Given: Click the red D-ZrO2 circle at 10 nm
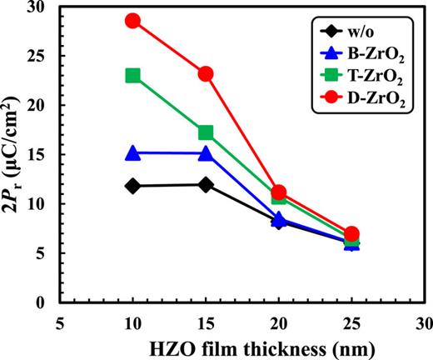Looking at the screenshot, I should pyautogui.click(x=132, y=21).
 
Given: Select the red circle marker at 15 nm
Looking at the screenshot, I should pyautogui.click(x=206, y=73).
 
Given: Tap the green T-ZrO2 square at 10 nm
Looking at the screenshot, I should pyautogui.click(x=132, y=76).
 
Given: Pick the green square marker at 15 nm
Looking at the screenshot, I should pyautogui.click(x=206, y=132).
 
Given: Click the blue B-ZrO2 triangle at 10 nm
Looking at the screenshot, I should pyautogui.click(x=132, y=153).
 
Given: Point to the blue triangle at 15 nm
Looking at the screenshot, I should pyautogui.click(x=206, y=154).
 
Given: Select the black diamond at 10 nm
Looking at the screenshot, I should pyautogui.click(x=132, y=186).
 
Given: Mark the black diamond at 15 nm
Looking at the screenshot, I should pyautogui.click(x=206, y=184).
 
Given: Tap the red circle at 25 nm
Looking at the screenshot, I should pyautogui.click(x=351, y=234).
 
